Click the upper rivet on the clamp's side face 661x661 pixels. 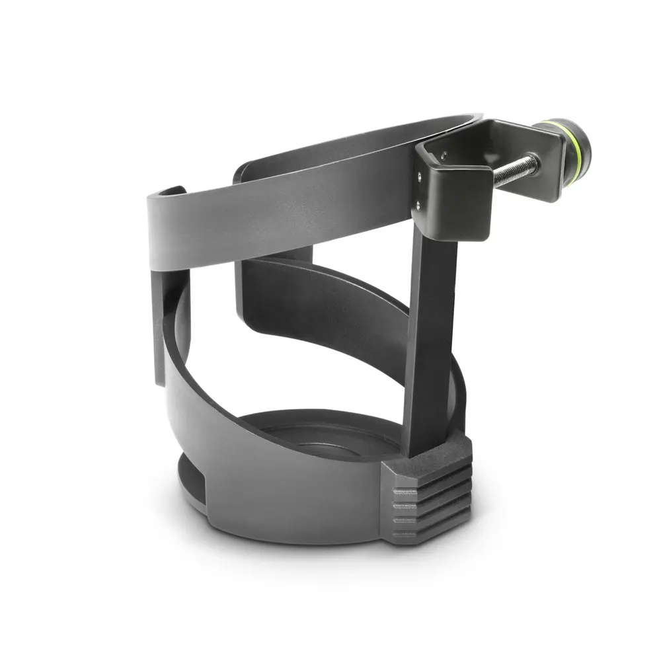click(x=418, y=176)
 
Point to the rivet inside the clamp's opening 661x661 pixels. click(x=444, y=157)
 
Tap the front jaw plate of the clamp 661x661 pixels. click(x=456, y=198)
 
